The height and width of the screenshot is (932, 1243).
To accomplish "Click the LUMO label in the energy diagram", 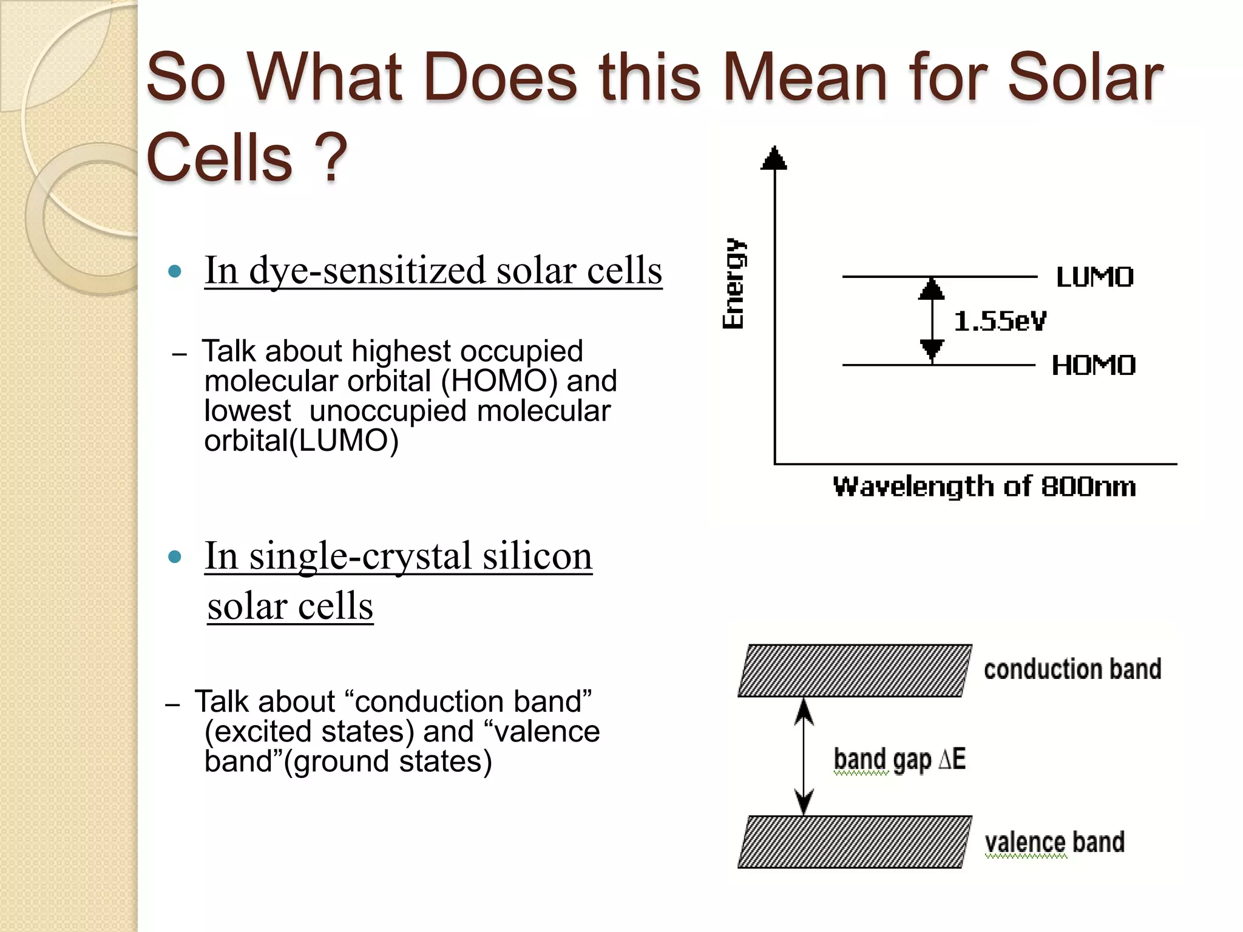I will (1094, 277).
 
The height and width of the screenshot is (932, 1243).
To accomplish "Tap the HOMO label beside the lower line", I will (1093, 365).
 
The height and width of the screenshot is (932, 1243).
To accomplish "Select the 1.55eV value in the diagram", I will (1000, 321).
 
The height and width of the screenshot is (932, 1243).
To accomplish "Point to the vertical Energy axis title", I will (733, 283).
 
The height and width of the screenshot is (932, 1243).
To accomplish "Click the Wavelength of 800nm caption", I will (984, 487).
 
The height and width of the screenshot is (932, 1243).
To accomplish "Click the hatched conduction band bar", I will (855, 670).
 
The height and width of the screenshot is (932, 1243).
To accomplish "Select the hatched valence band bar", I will (855, 842).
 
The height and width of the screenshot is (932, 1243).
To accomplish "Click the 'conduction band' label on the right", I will (1072, 669).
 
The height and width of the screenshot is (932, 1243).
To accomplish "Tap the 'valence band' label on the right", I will (1054, 842).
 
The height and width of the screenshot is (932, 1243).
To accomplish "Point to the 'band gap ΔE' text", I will (899, 759).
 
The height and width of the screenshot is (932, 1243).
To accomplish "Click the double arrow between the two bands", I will (804, 756).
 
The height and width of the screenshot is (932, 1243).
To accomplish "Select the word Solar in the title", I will (1085, 78).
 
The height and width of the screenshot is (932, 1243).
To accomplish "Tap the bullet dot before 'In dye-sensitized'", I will (175, 271).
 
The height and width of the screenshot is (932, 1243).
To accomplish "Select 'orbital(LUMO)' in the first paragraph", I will (301, 441).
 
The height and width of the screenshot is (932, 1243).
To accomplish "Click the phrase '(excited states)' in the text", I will (309, 731).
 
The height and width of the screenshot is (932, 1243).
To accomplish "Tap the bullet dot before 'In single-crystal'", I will (175, 556).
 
